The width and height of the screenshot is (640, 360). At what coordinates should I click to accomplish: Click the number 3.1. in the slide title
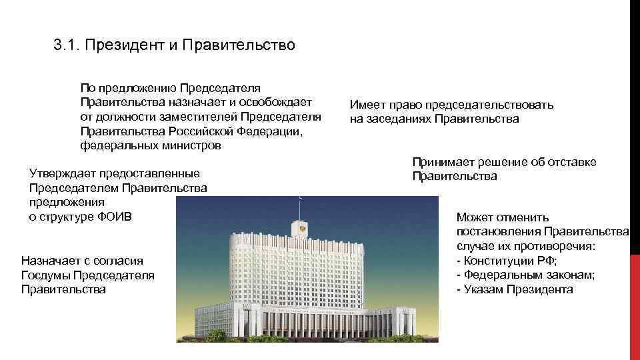[65, 46]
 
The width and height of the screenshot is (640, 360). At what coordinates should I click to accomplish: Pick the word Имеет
[366, 105]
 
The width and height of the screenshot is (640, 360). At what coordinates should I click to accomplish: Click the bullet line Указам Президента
[515, 289]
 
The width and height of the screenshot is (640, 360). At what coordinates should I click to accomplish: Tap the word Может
[475, 217]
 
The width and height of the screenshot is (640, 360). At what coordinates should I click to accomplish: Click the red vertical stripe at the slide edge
[635, 180]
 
